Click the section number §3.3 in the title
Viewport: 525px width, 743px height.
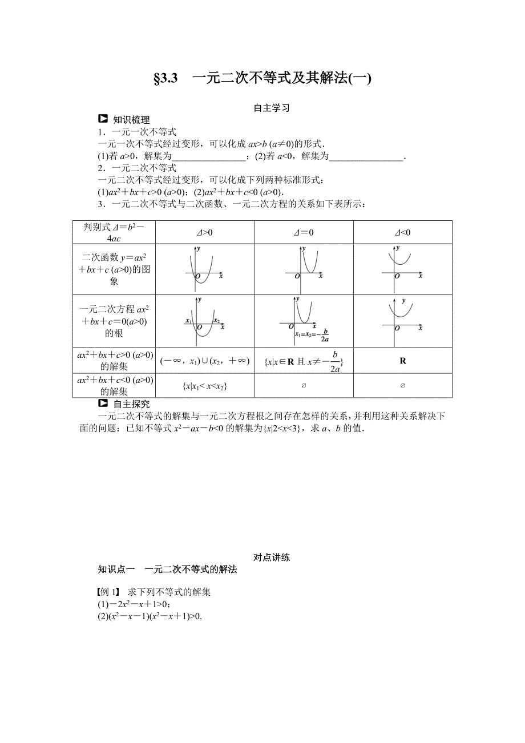(166, 79)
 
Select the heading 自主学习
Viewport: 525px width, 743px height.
(272, 108)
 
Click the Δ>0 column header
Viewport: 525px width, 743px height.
(204, 232)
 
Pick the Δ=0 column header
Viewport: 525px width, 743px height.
(304, 232)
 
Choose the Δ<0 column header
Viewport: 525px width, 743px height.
(403, 232)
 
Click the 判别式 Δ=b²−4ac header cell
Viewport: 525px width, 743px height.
(114, 232)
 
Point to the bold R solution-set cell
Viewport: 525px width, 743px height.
(403, 361)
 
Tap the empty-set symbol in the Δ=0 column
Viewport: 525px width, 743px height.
(304, 386)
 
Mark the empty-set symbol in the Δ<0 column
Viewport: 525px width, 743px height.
(403, 386)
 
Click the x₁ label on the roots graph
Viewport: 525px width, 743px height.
(188, 321)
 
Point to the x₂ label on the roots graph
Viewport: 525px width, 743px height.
(216, 321)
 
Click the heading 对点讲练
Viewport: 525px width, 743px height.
(272, 558)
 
